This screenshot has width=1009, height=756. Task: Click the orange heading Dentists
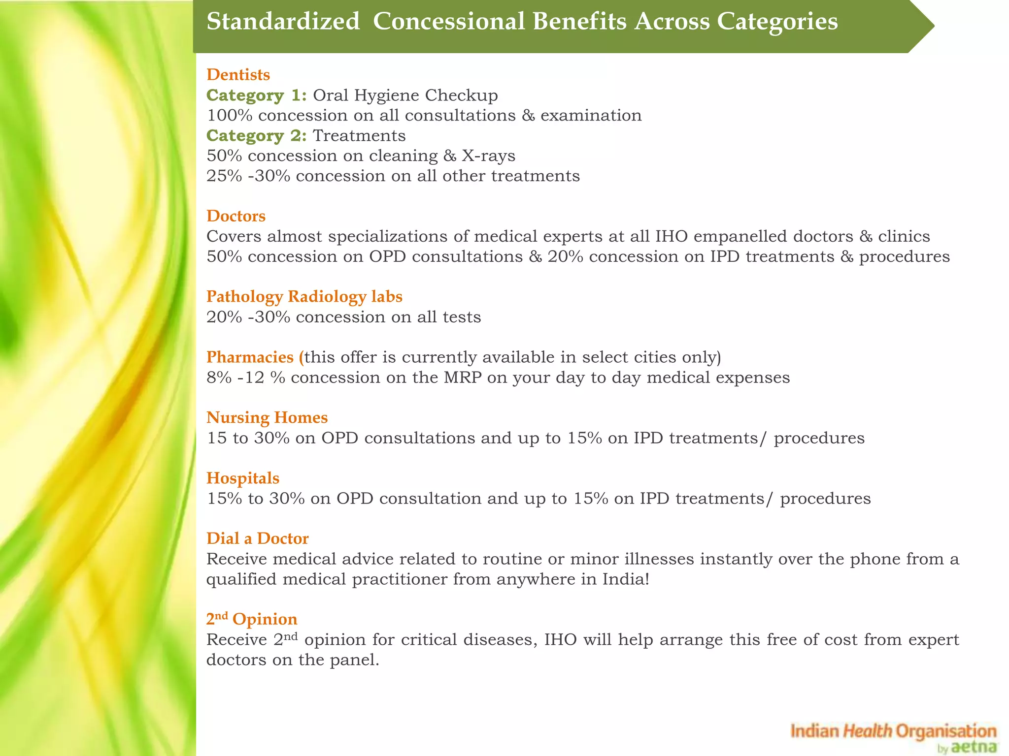(238, 75)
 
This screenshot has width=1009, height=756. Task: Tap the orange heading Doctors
(236, 216)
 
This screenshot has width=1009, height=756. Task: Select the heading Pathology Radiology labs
(304, 296)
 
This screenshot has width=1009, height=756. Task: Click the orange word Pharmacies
(250, 357)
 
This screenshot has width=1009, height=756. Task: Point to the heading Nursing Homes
(267, 417)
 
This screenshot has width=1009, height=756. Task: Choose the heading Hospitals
(243, 478)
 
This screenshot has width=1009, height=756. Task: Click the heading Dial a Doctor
(257, 538)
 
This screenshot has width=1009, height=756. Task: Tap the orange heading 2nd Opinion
(251, 619)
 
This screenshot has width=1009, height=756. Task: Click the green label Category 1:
(256, 95)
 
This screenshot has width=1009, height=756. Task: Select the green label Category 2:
(256, 135)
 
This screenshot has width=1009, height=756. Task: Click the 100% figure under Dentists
(229, 115)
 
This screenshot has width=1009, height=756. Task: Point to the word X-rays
(488, 156)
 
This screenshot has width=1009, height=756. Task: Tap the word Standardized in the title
(283, 22)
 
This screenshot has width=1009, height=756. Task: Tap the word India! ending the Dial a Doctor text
(626, 579)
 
